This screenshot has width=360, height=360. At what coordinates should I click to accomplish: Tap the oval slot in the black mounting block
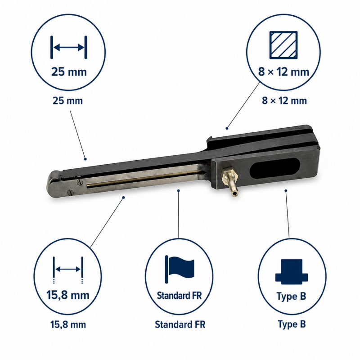click(x=274, y=168)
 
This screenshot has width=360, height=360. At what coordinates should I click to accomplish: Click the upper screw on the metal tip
click(x=80, y=182)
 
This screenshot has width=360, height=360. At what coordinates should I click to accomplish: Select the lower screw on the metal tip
click(x=71, y=192)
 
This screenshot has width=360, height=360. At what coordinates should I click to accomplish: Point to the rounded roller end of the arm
click(x=55, y=183)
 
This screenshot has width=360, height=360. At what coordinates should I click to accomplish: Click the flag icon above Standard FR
click(x=180, y=269)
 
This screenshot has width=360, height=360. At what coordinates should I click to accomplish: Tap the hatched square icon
click(x=283, y=45)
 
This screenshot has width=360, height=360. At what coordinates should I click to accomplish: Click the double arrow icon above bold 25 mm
click(x=69, y=47)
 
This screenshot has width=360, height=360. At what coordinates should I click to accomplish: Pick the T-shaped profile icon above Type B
click(x=292, y=271)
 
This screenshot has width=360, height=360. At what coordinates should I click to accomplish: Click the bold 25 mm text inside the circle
click(x=69, y=72)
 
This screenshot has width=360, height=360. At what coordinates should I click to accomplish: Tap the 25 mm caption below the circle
click(x=68, y=101)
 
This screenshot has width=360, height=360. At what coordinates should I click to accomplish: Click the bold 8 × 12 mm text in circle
click(x=284, y=72)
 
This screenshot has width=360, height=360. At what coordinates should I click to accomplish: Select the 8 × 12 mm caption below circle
click(x=284, y=101)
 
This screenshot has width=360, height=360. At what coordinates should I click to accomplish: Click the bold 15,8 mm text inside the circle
click(x=68, y=295)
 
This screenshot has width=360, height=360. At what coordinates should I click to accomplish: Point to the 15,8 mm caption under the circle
click(x=68, y=324)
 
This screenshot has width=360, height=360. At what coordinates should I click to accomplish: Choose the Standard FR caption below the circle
click(x=180, y=324)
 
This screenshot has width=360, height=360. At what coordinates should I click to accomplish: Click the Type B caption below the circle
click(x=292, y=324)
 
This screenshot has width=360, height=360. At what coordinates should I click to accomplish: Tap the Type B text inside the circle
click(x=291, y=296)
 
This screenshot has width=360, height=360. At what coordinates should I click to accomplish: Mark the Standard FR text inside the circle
click(x=179, y=296)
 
